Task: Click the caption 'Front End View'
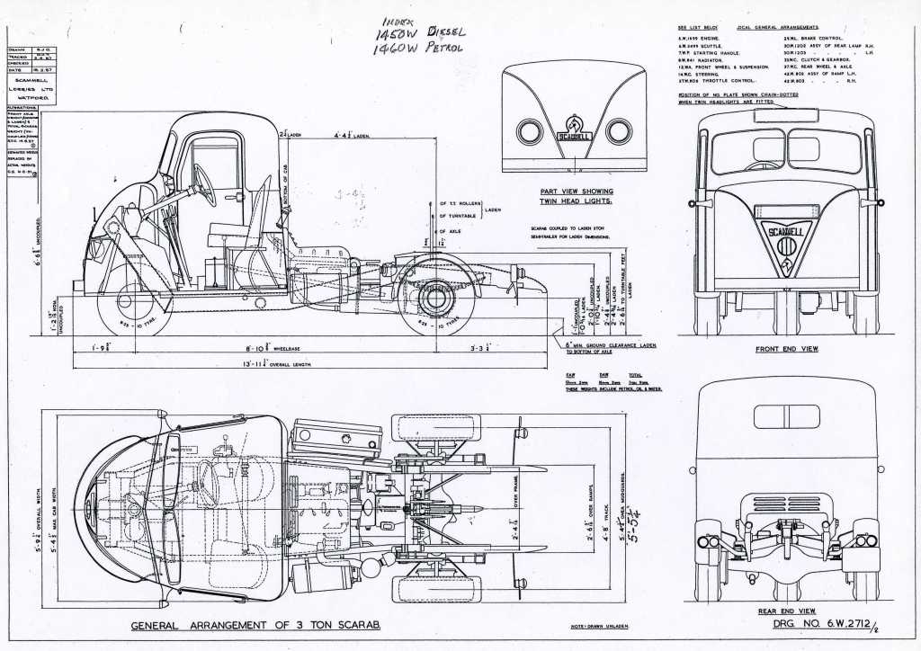(785, 348)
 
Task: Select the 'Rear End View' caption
(786, 610)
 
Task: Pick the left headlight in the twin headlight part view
(529, 132)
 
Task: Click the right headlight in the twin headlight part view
(619, 132)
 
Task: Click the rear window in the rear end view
(786, 416)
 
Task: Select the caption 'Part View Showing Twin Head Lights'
(577, 197)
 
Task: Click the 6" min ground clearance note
(612, 346)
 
